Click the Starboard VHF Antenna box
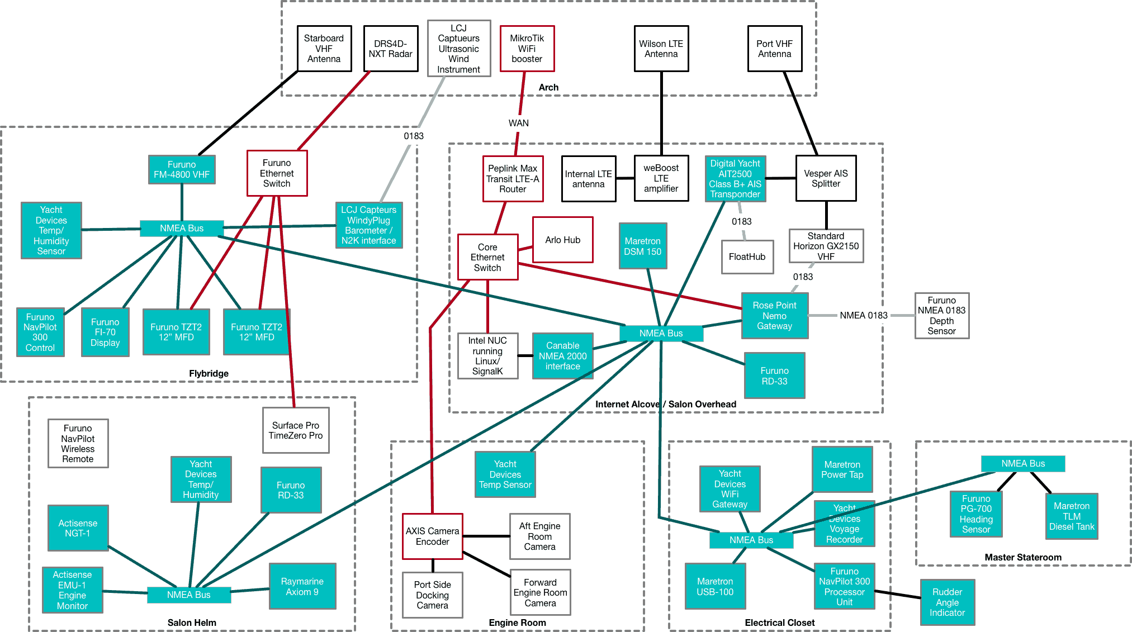(x=324, y=49)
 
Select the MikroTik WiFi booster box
(x=527, y=49)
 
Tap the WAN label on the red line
(x=518, y=123)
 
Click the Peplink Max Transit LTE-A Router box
(x=513, y=179)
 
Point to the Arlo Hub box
(x=562, y=240)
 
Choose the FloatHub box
(x=747, y=257)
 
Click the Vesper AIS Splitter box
(x=826, y=178)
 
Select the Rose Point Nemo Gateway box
(x=774, y=316)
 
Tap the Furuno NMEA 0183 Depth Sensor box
(x=941, y=316)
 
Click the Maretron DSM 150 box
(x=642, y=246)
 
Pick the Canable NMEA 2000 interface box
(x=562, y=356)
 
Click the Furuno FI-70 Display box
(x=105, y=332)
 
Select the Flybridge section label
(x=209, y=373)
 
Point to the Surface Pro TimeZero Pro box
(x=296, y=430)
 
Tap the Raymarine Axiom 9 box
(x=302, y=586)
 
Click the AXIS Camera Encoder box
(x=432, y=536)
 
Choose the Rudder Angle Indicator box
(x=947, y=602)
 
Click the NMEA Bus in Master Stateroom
(x=1022, y=464)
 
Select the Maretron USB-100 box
(x=714, y=586)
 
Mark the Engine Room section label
(x=517, y=623)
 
